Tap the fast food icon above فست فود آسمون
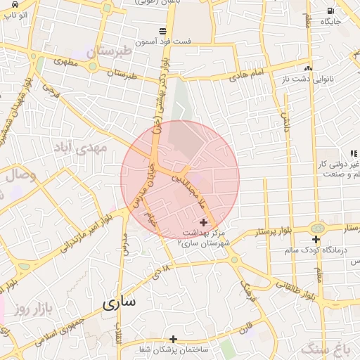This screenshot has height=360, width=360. [x=163, y=31]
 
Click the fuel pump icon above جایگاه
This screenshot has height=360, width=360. [x=330, y=11]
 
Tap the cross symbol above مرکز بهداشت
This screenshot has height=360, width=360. [x=204, y=222]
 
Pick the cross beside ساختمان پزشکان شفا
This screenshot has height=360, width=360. [x=173, y=339]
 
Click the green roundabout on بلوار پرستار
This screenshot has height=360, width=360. [x=317, y=229]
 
